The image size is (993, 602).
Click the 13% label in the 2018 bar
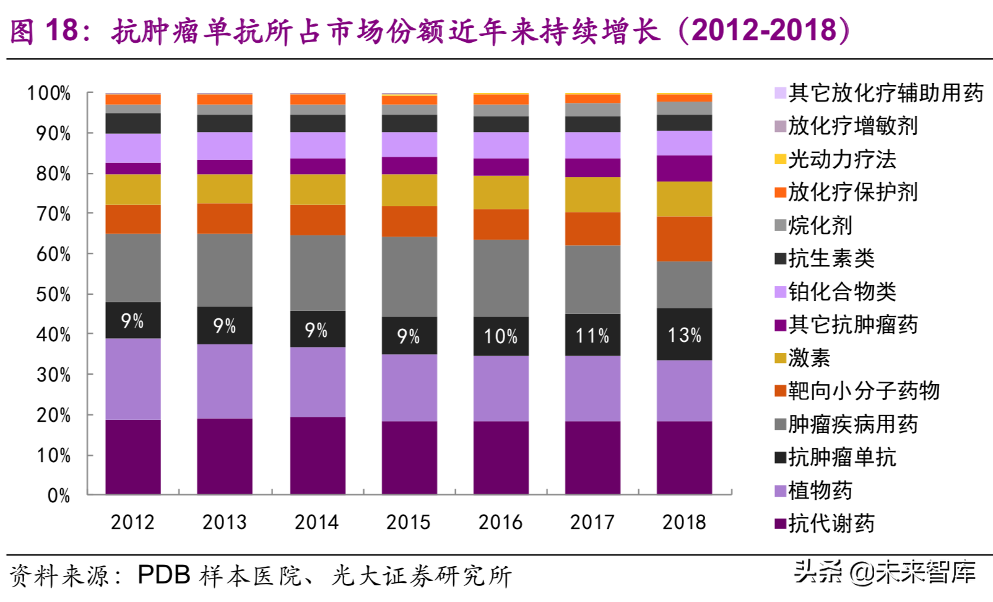pyautogui.click(x=684, y=335)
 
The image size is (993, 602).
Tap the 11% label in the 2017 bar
pyautogui.click(x=592, y=336)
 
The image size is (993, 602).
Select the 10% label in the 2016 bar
pyautogui.click(x=500, y=336)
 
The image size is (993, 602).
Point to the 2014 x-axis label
pyautogui.click(x=316, y=522)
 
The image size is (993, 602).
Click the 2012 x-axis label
pyautogui.click(x=132, y=522)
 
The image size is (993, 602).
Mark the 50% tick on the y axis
pyautogui.click(x=53, y=294)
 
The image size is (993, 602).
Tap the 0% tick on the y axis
pyautogui.click(x=59, y=495)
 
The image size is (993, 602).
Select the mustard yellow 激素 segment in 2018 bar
pyautogui.click(x=684, y=199)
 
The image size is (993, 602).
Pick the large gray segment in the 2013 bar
pyautogui.click(x=225, y=269)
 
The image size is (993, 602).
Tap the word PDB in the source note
pyautogui.click(x=163, y=575)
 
